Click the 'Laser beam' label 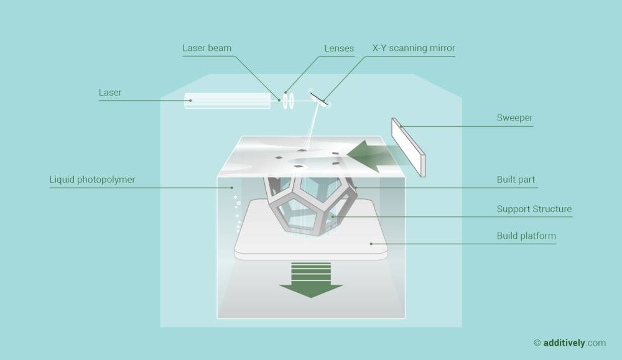point(207,48)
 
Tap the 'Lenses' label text point(339,48)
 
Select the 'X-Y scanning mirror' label point(414,48)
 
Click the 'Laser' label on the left point(110,93)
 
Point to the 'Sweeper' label point(514,118)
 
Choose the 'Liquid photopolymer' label point(92,180)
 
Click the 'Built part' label point(516,180)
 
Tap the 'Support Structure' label point(534,209)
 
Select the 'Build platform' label point(526,236)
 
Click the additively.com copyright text point(570,343)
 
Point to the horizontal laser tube point(228,101)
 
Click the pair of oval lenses point(287,101)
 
